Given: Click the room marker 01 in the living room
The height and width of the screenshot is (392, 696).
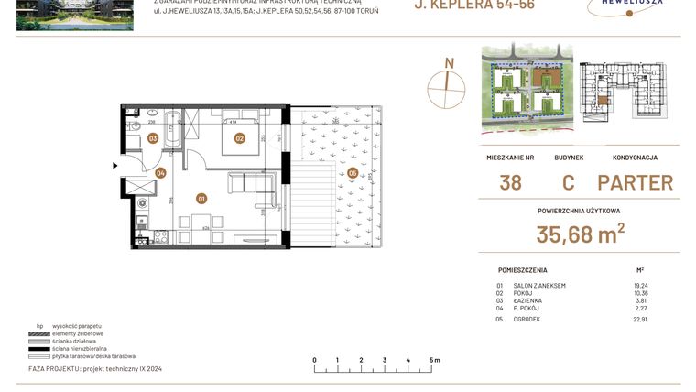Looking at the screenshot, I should pos(201,197).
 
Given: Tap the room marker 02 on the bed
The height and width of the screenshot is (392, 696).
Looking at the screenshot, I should pos(239,139).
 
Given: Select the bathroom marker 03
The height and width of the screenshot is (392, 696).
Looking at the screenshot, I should pos(153,139).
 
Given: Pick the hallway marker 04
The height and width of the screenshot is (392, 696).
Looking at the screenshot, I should pos(160,172).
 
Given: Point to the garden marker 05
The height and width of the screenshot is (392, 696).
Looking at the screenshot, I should pos(353,172).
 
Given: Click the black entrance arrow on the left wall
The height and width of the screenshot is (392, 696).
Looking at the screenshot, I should pos(114,166).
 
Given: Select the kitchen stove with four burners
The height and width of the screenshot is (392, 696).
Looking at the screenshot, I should pos(160,236).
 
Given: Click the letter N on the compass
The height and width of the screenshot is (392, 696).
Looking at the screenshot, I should pos(449,63).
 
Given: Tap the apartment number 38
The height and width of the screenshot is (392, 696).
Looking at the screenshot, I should pos(510,182).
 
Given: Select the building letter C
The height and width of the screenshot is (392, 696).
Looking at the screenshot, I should pos(568,182).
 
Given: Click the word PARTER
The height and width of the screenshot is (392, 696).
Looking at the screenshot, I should pos(635,182).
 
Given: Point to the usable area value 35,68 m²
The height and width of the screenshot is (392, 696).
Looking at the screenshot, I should pos(581,235).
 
